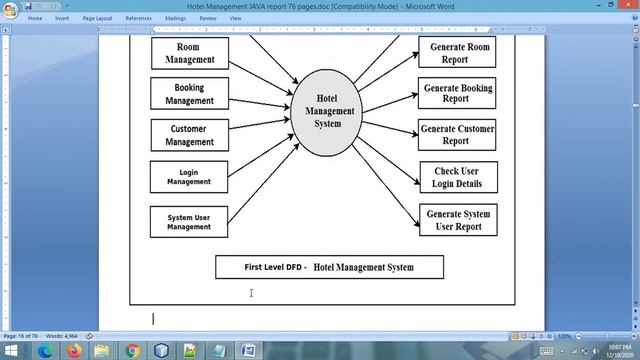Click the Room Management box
(x=189, y=53)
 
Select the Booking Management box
(x=189, y=94)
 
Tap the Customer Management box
(x=189, y=135)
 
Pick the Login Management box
(x=189, y=177)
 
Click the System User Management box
(x=189, y=221)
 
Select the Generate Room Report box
(x=457, y=53)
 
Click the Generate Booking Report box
(x=457, y=93)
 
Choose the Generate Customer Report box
(x=457, y=135)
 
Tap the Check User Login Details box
(x=457, y=177)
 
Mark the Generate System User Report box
(x=457, y=220)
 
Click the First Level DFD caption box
(x=329, y=267)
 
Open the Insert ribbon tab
(x=62, y=18)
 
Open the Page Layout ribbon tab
(x=97, y=18)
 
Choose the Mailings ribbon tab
(x=175, y=18)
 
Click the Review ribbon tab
(x=207, y=18)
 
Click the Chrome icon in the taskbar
(x=132, y=351)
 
